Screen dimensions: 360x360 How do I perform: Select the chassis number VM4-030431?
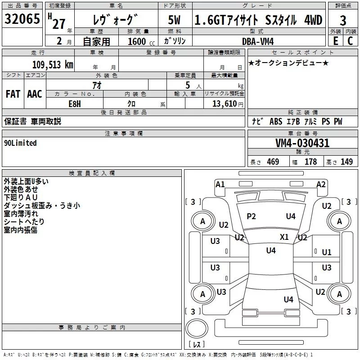point(302,143)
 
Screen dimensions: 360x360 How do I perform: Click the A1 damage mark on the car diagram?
point(220,184)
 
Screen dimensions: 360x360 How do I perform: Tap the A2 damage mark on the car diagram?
point(321,184)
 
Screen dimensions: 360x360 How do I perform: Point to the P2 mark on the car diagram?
point(251,216)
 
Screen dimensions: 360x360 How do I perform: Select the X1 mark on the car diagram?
point(284,237)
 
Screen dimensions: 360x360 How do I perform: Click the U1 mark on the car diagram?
point(327,252)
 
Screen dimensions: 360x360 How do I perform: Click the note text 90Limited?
point(21,143)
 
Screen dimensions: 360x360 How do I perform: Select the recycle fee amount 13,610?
point(227,103)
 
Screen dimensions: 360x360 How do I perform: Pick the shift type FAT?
point(13,94)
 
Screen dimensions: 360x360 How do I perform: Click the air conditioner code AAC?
point(35,94)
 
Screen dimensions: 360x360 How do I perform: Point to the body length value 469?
point(273,162)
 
